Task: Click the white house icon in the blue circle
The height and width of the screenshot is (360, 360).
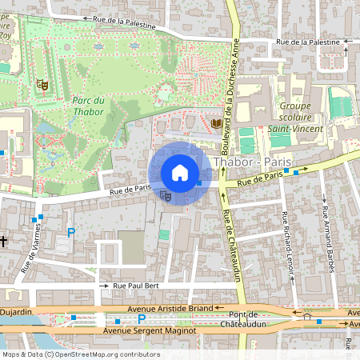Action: coord(180,173)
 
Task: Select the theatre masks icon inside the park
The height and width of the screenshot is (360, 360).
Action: coord(41,83)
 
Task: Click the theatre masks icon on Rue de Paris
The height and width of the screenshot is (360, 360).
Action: coord(165,194)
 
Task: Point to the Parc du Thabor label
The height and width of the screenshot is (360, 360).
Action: coord(88,106)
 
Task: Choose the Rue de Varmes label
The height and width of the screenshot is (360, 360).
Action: coord(33,252)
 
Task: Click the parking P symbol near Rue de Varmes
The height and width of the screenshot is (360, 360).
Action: coord(70,233)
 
